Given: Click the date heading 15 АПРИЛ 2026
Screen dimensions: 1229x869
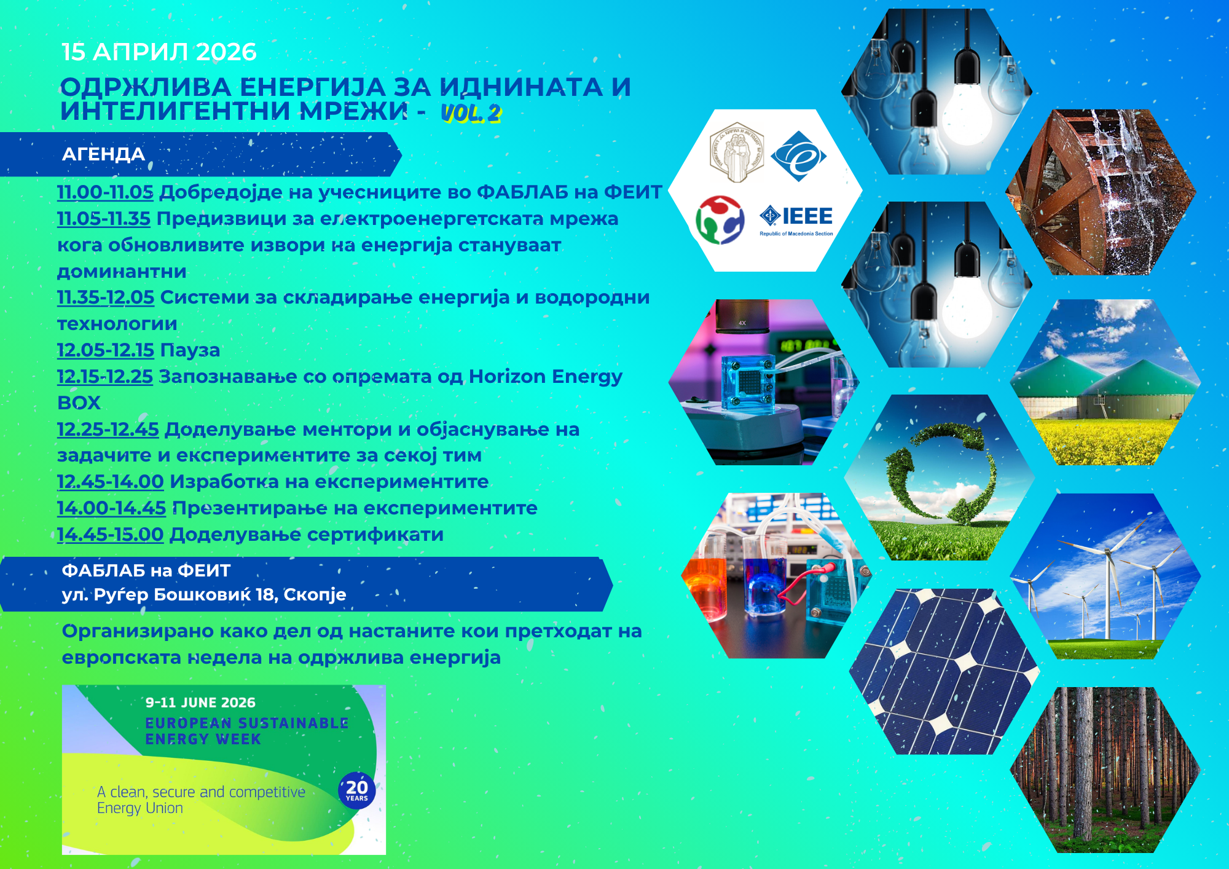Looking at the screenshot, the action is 159,52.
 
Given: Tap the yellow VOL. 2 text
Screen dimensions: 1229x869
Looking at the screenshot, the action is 471,113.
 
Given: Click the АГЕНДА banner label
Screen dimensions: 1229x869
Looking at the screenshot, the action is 103,154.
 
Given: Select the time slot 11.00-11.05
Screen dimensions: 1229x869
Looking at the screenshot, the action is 105,192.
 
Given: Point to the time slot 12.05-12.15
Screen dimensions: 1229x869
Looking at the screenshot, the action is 106,350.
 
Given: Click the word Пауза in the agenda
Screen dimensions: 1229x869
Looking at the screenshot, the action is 190,350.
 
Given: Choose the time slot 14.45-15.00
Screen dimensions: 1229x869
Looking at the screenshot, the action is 111,534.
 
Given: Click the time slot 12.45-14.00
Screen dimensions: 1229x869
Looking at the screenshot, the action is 111,481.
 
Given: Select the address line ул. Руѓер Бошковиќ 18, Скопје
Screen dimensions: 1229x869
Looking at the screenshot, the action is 204,595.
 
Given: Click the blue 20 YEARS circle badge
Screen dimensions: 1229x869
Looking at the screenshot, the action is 357,790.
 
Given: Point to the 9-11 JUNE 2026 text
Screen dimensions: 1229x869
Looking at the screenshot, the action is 200,702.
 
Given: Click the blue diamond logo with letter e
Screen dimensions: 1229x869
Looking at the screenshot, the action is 798,156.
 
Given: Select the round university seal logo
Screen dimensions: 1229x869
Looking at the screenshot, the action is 736,152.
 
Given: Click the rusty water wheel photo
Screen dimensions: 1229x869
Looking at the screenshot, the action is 1101,192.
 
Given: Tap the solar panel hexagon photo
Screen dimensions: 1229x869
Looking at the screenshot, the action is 944,671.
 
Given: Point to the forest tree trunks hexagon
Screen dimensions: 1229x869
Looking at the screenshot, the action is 1105,769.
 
